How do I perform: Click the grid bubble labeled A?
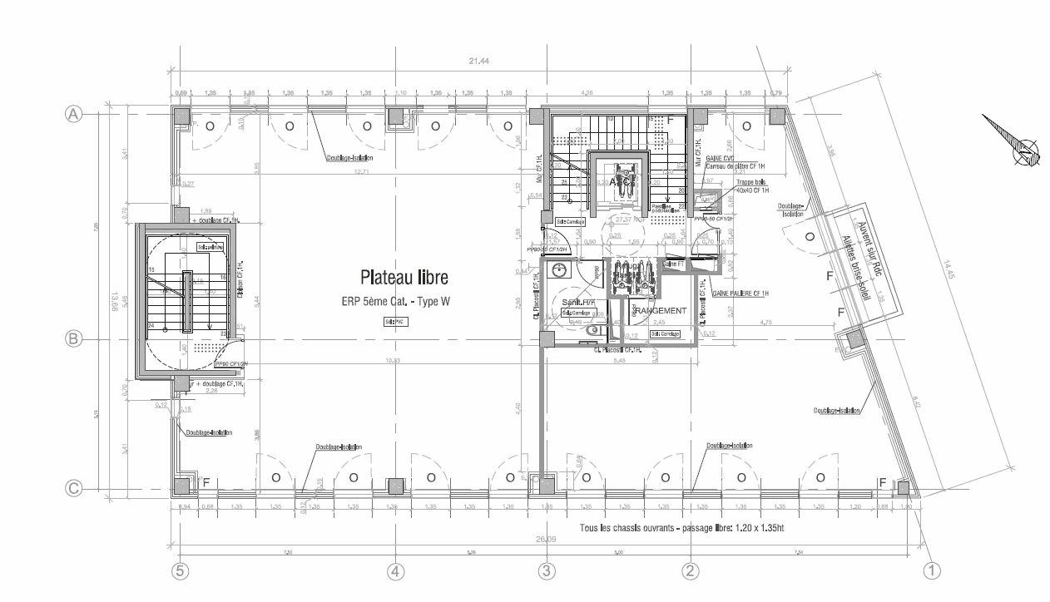[73, 115]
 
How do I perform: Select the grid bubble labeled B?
[73, 339]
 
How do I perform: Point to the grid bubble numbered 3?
[547, 571]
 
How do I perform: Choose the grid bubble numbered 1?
[933, 571]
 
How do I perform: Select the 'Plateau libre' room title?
[404, 277]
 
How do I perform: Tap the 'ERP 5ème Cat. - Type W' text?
[394, 301]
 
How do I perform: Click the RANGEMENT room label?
[661, 311]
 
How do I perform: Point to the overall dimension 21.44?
[478, 61]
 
